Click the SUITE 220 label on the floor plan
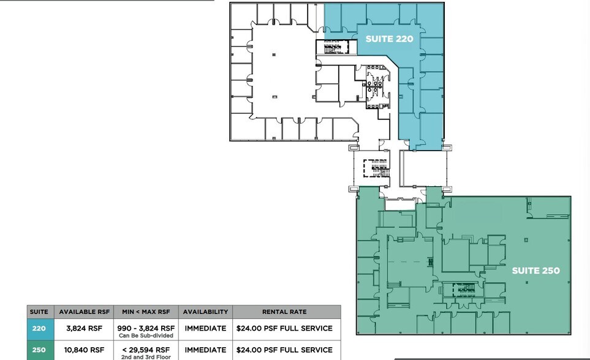coord(389,39)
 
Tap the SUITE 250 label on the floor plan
coord(535,271)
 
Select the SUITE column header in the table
coord(39,312)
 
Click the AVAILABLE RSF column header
coord(84,312)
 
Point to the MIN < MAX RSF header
coord(145,312)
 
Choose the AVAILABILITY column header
coord(205,312)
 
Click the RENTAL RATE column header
coord(284,312)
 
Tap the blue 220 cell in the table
coord(39,329)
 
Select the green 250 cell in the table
coord(39,350)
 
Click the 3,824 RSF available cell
coord(84,329)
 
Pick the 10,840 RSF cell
coord(84,350)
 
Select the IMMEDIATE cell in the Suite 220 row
coord(205,329)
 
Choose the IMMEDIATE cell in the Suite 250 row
coord(205,350)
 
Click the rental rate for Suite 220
coord(284,329)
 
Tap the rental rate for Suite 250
coord(284,350)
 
